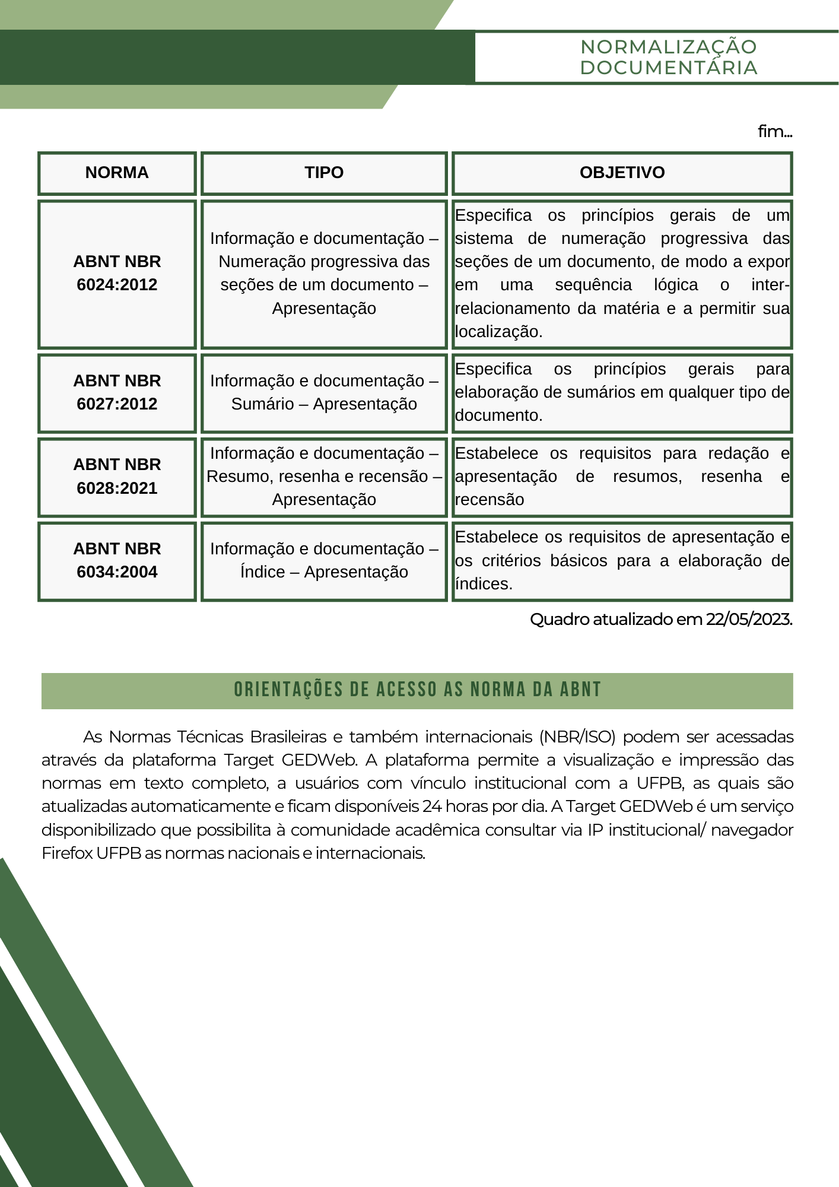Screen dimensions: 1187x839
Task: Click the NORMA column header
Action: (117, 173)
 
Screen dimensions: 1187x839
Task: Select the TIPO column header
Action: (324, 173)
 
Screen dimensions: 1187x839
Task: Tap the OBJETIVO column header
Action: (622, 173)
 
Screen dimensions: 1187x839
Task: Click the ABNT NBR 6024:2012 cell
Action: (117, 273)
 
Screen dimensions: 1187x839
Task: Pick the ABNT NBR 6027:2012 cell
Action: (117, 392)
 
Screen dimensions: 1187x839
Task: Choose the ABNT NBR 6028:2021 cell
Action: (117, 477)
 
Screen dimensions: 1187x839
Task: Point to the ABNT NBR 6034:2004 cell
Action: (117, 560)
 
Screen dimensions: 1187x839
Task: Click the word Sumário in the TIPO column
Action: (262, 404)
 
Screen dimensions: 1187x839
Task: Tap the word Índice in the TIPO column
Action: (262, 572)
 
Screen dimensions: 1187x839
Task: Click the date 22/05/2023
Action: (748, 620)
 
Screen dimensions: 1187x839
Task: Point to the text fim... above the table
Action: (774, 131)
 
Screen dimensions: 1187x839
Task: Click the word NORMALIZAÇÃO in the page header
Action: (668, 47)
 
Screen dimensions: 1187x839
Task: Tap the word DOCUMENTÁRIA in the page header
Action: (668, 68)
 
